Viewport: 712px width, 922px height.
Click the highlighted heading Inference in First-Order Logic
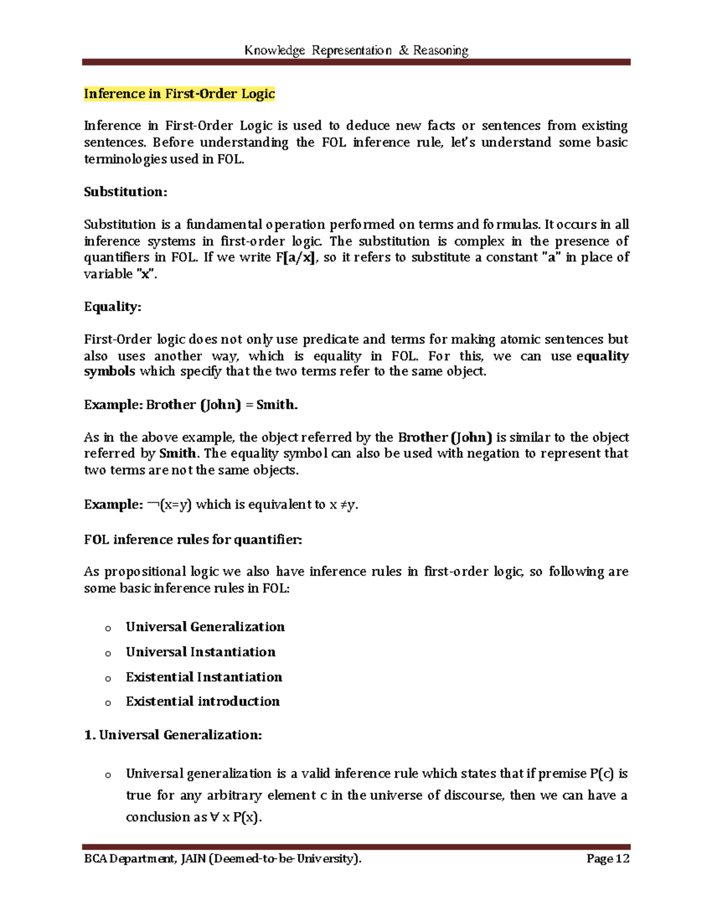click(179, 94)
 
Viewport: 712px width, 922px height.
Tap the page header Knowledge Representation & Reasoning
click(356, 50)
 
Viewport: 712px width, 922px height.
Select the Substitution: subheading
click(125, 192)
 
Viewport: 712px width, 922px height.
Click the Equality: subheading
click(112, 306)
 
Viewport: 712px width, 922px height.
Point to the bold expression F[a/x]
click(296, 258)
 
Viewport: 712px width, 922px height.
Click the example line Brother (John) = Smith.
click(191, 405)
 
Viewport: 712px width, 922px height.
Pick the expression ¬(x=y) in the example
click(170, 505)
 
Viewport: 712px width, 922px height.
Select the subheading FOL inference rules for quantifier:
click(193, 540)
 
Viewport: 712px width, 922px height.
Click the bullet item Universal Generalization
click(205, 627)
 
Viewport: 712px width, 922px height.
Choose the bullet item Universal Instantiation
click(201, 652)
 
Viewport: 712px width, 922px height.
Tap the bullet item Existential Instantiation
click(204, 677)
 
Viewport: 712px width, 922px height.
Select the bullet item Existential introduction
click(202, 701)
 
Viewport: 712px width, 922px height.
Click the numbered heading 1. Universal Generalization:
click(173, 735)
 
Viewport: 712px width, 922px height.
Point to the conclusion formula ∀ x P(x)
click(235, 818)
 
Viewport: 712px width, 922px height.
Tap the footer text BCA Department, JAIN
click(144, 859)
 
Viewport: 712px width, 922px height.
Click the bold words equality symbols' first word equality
click(602, 356)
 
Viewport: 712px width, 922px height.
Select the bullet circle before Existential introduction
click(107, 703)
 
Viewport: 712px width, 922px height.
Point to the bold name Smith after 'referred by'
click(177, 454)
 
